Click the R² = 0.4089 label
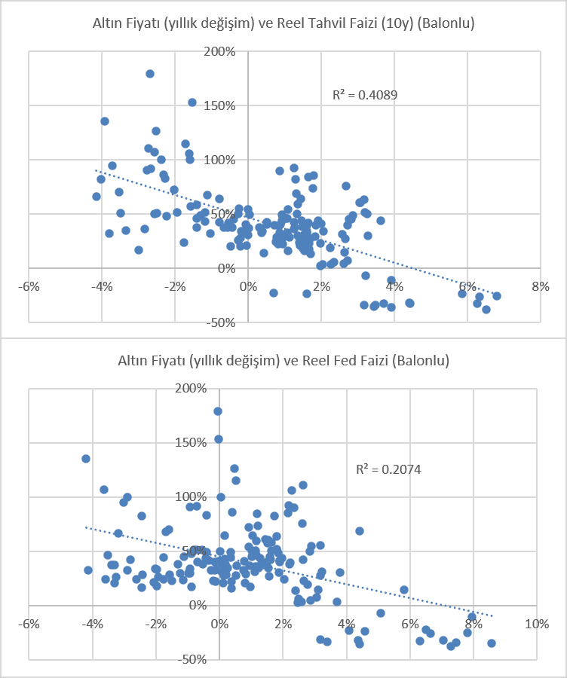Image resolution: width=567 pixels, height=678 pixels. coord(364,95)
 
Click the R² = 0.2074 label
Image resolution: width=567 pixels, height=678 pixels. coord(388,469)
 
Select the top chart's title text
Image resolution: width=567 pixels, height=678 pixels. coord(283,23)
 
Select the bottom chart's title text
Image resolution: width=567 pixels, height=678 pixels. coord(283,361)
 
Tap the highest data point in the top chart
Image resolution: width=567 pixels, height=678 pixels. coord(150,74)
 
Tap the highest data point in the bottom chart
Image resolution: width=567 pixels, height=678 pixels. coord(218,411)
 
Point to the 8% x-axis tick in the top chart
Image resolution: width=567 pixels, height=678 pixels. coord(541,286)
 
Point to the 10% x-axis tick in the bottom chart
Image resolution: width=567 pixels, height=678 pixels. coord(537,624)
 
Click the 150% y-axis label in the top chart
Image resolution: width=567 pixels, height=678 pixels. coord(220,106)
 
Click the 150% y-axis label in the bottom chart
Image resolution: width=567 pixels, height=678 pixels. coord(191,443)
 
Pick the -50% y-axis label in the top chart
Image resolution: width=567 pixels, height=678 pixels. coord(220,322)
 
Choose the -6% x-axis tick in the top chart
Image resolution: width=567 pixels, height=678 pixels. coord(29,286)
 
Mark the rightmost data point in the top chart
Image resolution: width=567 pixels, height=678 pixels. coord(497,296)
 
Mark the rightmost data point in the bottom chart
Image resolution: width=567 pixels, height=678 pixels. coord(492,643)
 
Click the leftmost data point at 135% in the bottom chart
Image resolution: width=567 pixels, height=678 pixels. coord(86,459)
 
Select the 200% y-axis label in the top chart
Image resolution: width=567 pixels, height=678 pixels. coord(220,52)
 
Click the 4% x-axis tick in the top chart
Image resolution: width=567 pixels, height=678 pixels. coord(394,286)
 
